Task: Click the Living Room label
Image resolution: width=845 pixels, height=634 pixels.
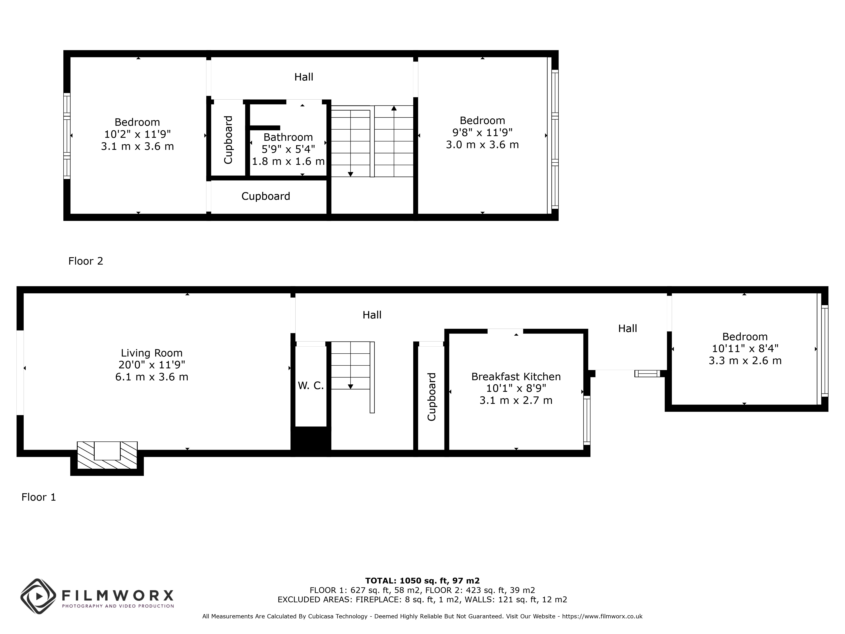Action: [x=152, y=353]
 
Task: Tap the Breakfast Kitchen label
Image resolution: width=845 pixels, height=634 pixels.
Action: [x=516, y=376]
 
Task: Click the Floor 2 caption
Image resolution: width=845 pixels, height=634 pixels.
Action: [x=86, y=261]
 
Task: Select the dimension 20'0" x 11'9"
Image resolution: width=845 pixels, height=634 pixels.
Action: [x=152, y=365]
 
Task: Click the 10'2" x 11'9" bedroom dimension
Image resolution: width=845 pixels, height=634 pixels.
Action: [x=137, y=134]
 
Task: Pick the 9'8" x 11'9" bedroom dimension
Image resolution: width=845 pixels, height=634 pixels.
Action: [x=482, y=132]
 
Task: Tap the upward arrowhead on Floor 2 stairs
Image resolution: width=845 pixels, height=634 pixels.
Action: [x=394, y=108]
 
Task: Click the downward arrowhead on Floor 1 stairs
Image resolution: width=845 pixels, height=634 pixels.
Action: [x=350, y=387]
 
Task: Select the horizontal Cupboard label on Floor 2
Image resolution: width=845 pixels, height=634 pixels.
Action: [x=266, y=196]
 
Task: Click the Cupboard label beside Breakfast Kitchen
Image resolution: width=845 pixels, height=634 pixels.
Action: [x=432, y=397]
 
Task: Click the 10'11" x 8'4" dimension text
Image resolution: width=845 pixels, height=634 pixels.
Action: [x=745, y=348]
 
